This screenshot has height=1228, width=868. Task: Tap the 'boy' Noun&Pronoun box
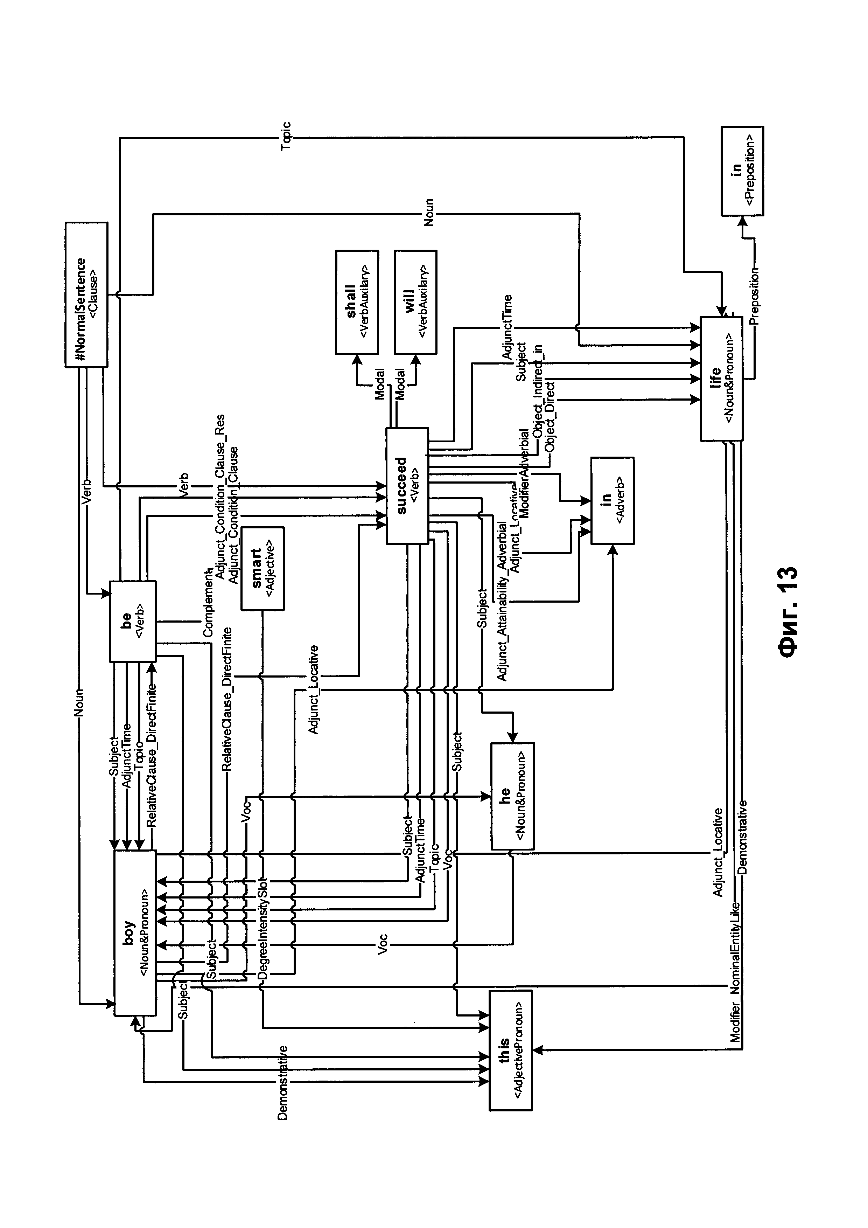tap(135, 933)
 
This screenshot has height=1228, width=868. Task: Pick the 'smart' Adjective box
tap(262, 569)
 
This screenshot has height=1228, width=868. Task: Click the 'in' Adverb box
tap(612, 501)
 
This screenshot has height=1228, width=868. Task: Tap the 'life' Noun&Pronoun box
tap(722, 379)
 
